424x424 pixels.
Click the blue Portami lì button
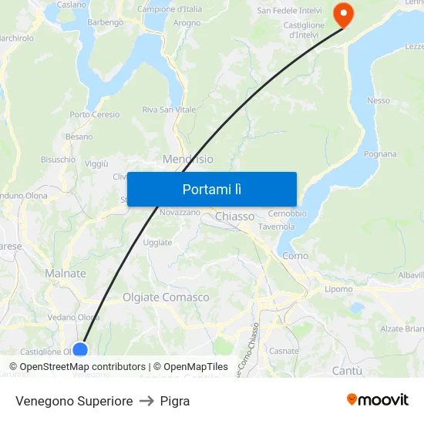point(212,189)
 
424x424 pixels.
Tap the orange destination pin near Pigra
point(340,14)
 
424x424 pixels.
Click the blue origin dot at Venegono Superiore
point(79,349)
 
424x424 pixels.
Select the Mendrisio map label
point(188,159)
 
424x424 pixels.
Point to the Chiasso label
point(234,217)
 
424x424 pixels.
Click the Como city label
point(295,255)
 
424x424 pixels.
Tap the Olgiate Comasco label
point(166,297)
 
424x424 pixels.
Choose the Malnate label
point(66,274)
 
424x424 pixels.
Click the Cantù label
point(346,371)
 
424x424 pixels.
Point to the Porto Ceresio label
point(95,115)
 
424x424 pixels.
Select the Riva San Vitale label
point(169,110)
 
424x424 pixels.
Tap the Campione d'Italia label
point(170,9)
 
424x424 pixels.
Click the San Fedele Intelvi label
point(289,11)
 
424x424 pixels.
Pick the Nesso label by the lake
point(379,100)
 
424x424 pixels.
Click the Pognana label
point(380,154)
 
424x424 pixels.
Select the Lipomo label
point(338,289)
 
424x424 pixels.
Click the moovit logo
point(377,399)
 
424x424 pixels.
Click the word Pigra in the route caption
point(175,401)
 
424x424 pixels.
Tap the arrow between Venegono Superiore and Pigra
point(146,401)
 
